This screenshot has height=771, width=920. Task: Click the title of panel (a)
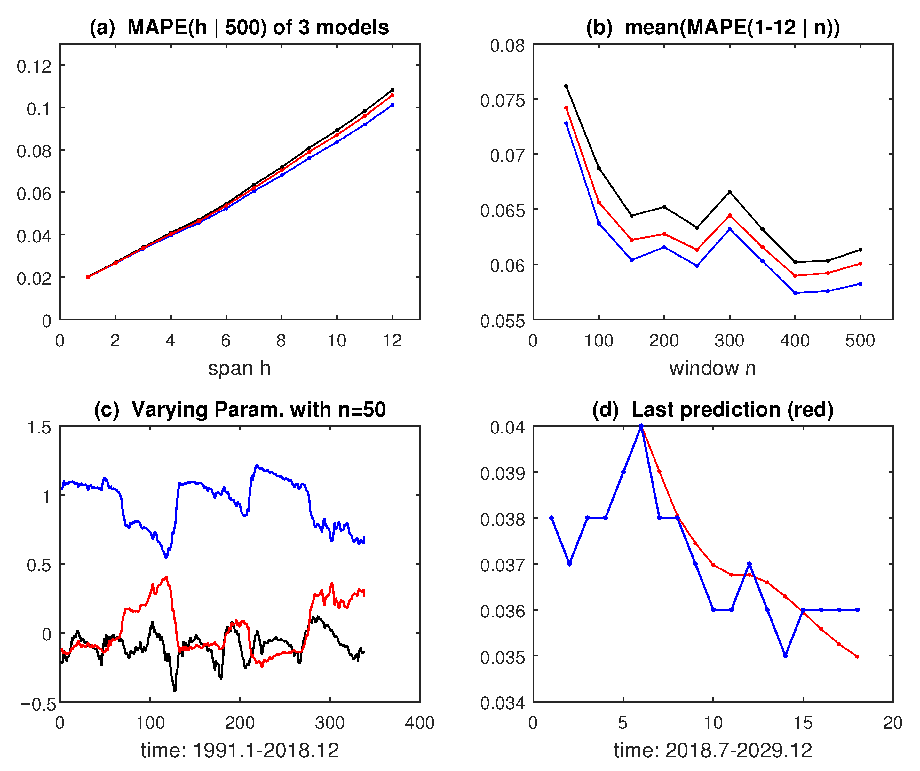pos(239,27)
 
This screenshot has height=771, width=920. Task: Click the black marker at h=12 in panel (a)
pos(392,90)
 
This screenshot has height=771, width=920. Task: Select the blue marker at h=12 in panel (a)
pos(392,105)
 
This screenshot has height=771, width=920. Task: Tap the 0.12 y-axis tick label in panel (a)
pos(34,67)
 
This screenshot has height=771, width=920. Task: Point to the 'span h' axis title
pos(239,368)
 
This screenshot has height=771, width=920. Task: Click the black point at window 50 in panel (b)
pos(566,86)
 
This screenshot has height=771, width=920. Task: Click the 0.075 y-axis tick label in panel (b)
pos(502,100)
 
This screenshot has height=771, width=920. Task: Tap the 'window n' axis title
pos(712,368)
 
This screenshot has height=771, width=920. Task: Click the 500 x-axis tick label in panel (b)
pos(860,340)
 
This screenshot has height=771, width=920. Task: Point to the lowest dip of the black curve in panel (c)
pos(175,690)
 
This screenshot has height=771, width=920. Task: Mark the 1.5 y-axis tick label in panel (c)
pos(39,427)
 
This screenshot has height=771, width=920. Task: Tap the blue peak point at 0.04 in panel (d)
pos(641,426)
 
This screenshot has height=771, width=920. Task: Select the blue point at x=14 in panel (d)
pos(785,656)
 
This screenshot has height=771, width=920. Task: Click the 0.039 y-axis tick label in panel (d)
pos(502,473)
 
